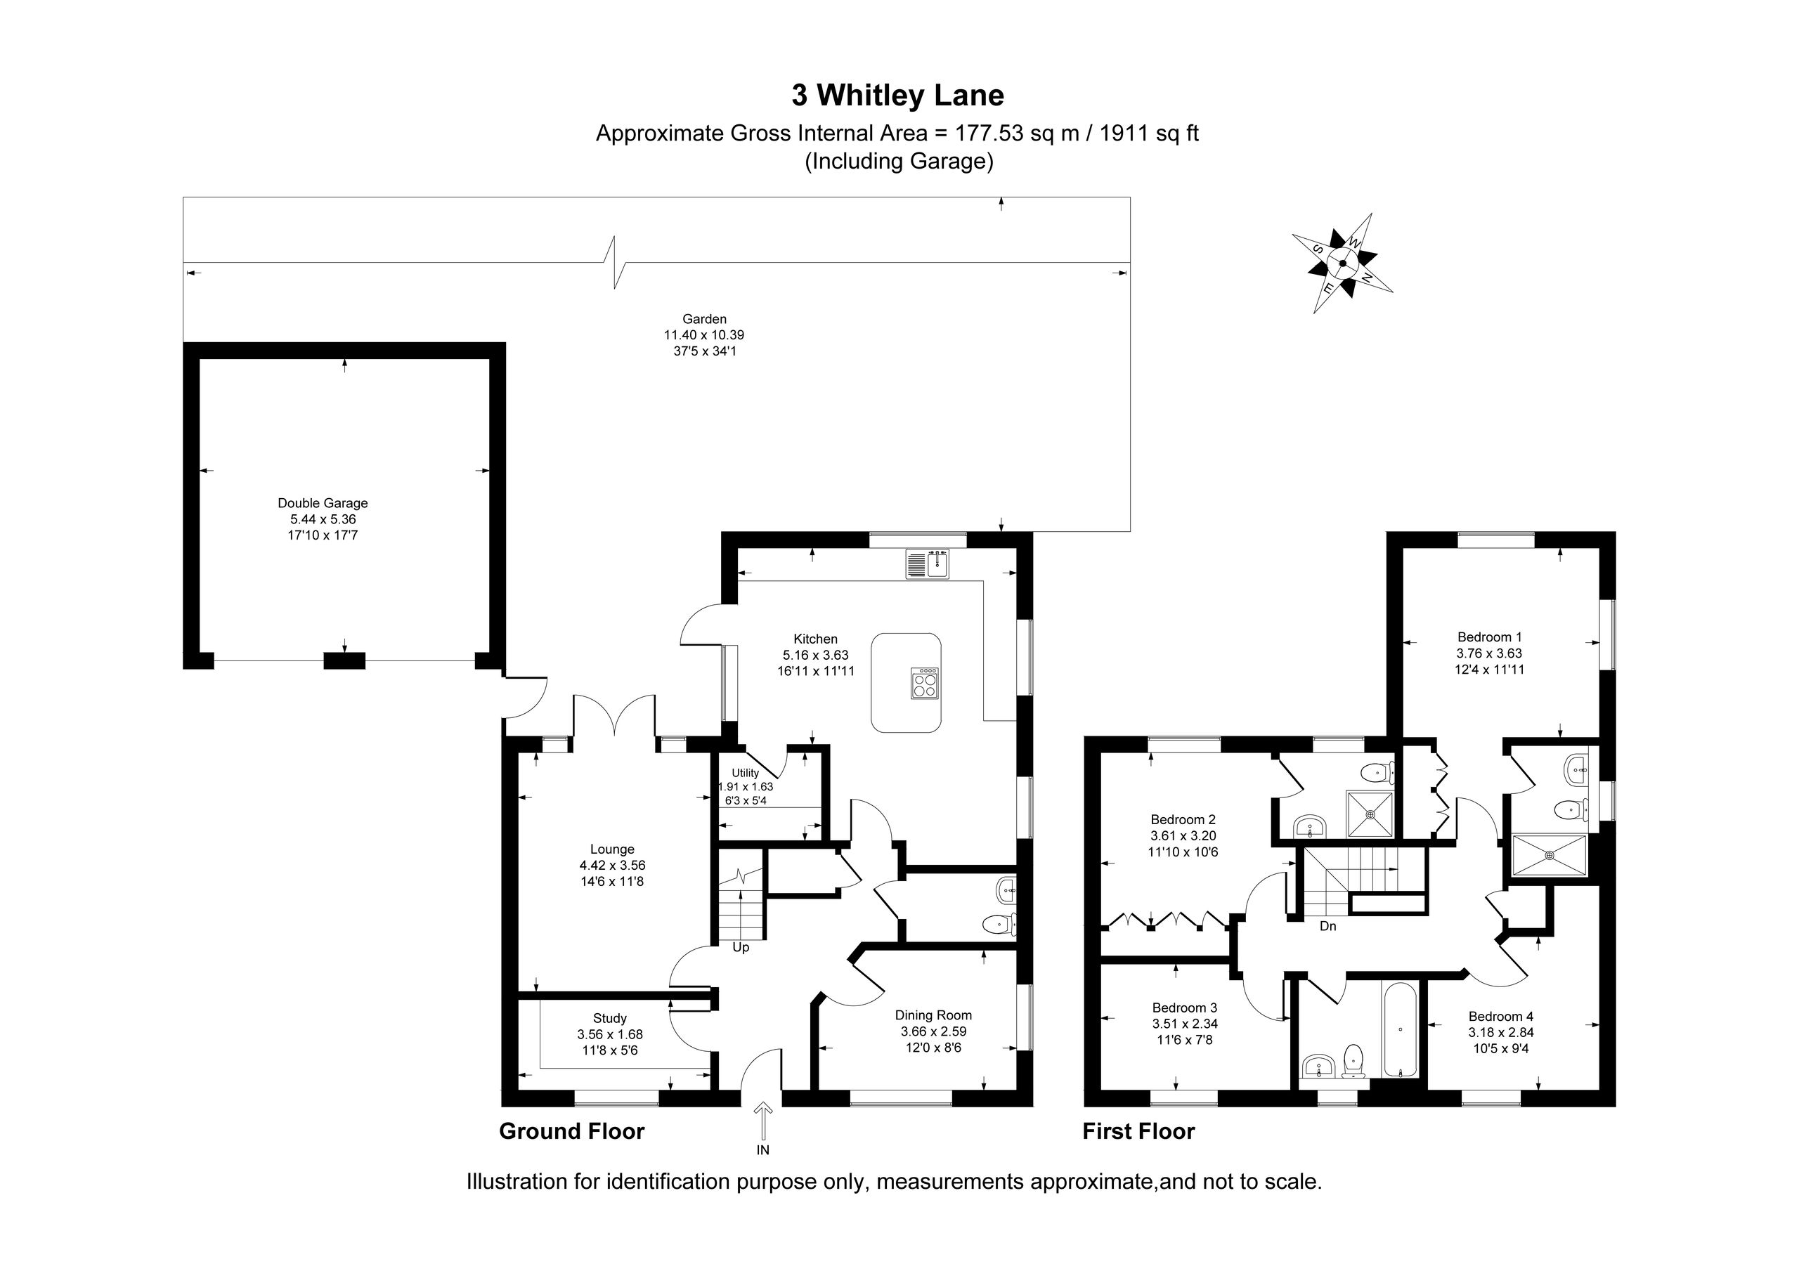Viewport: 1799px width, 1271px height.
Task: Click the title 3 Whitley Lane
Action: (898, 96)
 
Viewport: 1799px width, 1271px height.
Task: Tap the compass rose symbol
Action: (1342, 263)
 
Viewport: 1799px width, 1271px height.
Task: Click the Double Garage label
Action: (323, 503)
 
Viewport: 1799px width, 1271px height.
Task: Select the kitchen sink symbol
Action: (928, 564)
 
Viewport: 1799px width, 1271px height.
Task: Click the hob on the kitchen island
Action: (925, 682)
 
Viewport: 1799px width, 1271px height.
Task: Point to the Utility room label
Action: (745, 773)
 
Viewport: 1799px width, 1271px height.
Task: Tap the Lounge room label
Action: (613, 849)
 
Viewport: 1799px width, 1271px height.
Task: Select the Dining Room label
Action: (933, 1015)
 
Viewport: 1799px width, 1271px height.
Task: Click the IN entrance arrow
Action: (763, 1121)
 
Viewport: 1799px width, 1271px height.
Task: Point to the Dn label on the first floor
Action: (1328, 926)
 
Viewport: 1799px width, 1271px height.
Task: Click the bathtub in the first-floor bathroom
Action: (1399, 1029)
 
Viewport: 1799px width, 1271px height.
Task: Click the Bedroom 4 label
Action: (1501, 1017)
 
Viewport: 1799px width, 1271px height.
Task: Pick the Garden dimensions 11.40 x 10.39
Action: (704, 335)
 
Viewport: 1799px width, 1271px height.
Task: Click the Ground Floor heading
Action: (572, 1131)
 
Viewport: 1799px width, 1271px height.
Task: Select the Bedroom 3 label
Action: (1185, 1008)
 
